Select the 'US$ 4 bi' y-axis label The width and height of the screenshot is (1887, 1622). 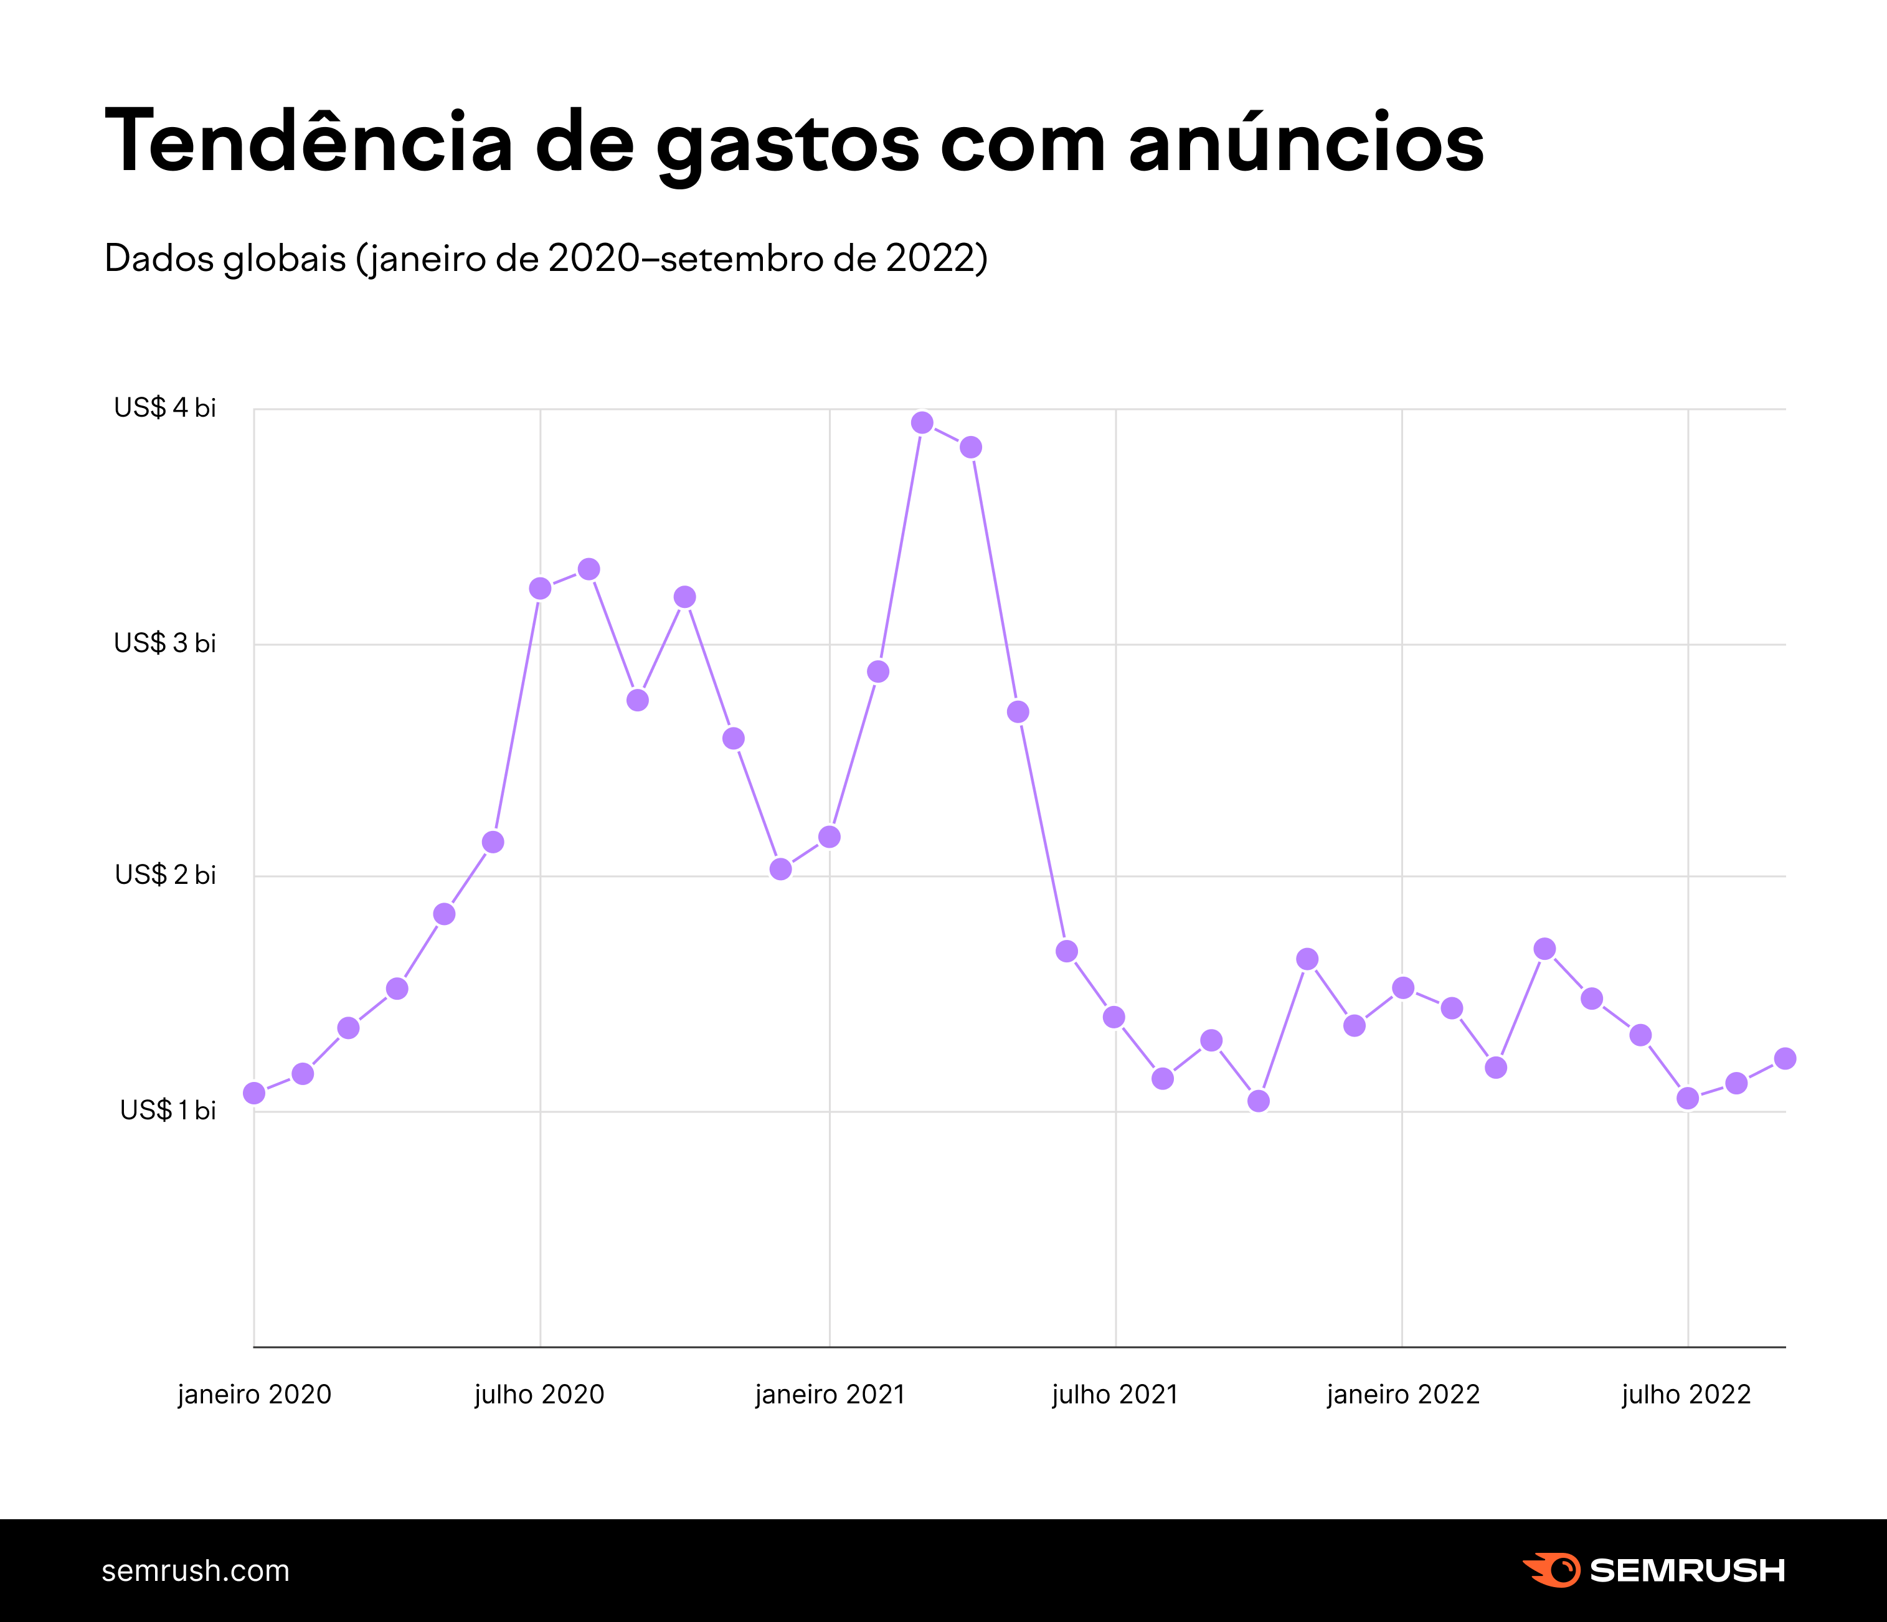point(165,408)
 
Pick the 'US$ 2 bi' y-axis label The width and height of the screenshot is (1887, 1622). point(165,875)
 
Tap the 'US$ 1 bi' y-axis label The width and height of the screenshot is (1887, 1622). point(168,1110)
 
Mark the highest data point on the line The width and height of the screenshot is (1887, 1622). point(922,422)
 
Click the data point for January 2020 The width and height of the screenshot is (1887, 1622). point(254,1093)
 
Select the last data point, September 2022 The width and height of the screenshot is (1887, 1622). point(1785,1058)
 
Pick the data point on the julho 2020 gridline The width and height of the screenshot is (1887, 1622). point(540,589)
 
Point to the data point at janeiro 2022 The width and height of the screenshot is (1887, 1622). point(1403,988)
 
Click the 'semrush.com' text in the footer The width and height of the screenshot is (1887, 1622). point(196,1571)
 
